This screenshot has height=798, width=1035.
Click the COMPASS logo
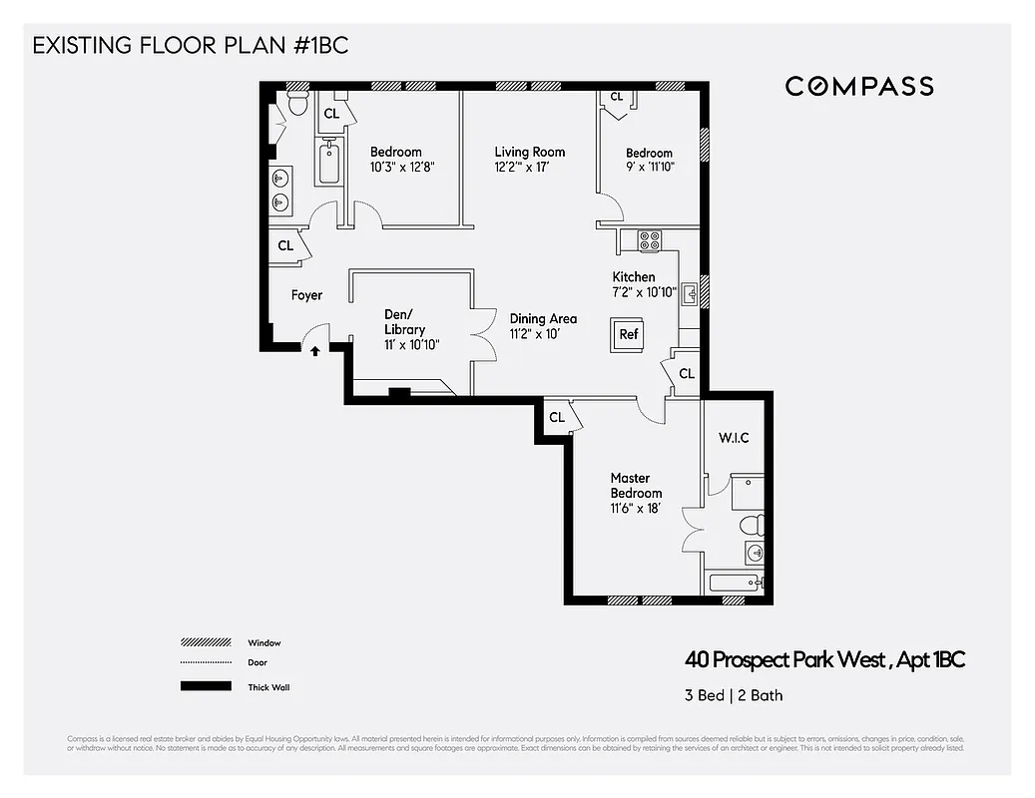859,86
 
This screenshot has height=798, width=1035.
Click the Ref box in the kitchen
629,335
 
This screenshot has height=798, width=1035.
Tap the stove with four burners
649,240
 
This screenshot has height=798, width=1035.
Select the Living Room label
530,153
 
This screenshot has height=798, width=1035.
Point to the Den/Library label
404,322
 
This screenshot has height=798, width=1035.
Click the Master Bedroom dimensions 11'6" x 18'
636,509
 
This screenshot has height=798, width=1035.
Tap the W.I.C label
734,438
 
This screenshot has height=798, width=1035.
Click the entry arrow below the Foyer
315,350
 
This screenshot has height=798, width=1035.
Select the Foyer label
306,296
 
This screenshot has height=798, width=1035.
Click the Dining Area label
543,319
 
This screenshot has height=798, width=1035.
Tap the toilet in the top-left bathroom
296,103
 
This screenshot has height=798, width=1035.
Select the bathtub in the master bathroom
736,584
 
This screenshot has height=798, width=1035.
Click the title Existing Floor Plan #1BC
191,46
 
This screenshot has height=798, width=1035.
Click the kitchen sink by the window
689,293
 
